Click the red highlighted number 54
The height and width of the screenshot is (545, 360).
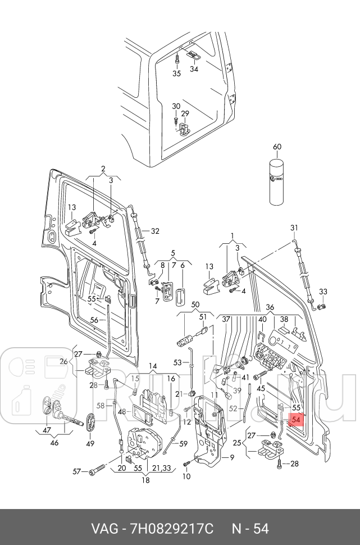tap(296, 420)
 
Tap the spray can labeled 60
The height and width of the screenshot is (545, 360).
tap(277, 182)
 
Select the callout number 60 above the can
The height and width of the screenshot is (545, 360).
tap(277, 147)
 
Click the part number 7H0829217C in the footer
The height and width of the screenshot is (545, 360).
tap(171, 529)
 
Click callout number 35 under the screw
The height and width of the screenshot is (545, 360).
tap(177, 74)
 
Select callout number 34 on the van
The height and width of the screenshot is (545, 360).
tap(194, 69)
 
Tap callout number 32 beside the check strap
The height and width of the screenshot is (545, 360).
tap(155, 231)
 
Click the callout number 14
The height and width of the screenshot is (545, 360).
tap(153, 366)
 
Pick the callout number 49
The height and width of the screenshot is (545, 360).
tap(90, 443)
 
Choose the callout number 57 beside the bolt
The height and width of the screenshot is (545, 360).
tap(77, 471)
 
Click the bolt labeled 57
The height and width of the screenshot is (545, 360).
tap(97, 471)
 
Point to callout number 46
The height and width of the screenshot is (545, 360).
tap(54, 443)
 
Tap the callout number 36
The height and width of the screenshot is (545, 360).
tap(270, 307)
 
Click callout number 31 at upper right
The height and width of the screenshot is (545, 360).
tap(294, 228)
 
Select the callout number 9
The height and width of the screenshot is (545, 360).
tap(232, 457)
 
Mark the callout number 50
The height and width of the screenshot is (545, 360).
tap(195, 305)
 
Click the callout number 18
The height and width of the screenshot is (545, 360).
tap(145, 480)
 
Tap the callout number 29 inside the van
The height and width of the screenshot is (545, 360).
tap(185, 113)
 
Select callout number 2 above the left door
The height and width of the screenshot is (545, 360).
tap(103, 169)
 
